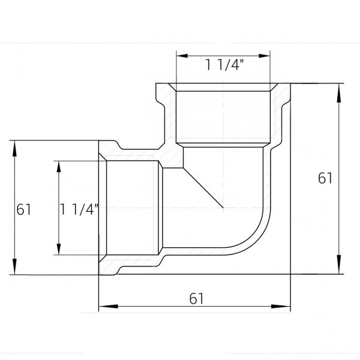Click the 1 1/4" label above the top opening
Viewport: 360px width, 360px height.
(x=224, y=65)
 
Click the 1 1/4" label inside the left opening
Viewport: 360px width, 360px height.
(x=79, y=209)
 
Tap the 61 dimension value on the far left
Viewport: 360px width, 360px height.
(x=23, y=209)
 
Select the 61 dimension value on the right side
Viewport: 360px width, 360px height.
(x=325, y=178)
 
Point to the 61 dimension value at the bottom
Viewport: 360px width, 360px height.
(x=196, y=298)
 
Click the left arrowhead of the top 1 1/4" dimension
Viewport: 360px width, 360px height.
(x=182, y=56)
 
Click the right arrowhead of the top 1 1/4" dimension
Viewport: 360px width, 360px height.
(x=264, y=56)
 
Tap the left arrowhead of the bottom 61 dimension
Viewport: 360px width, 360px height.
(x=108, y=306)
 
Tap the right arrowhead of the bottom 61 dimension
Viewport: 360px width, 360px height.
(x=281, y=306)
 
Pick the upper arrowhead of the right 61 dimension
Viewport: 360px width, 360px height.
(x=339, y=93)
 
